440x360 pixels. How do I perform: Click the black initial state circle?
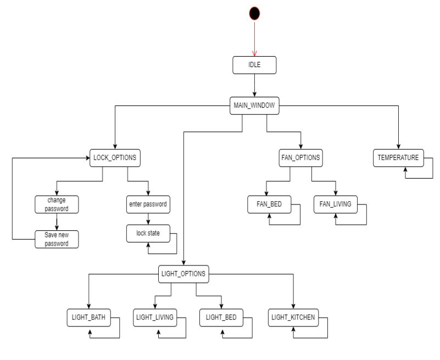click(x=254, y=13)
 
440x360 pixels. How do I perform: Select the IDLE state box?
click(x=254, y=66)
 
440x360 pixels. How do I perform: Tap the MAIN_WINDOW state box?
click(x=254, y=106)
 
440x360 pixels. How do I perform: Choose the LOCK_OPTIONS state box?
click(x=115, y=158)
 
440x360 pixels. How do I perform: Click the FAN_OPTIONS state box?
click(x=299, y=158)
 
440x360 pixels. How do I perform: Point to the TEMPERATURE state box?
click(x=398, y=158)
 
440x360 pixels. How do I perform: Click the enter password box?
click(x=147, y=204)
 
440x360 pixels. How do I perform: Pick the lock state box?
click(x=147, y=233)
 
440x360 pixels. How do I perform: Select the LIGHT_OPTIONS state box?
click(x=183, y=273)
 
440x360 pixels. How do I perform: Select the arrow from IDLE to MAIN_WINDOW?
click(x=254, y=86)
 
